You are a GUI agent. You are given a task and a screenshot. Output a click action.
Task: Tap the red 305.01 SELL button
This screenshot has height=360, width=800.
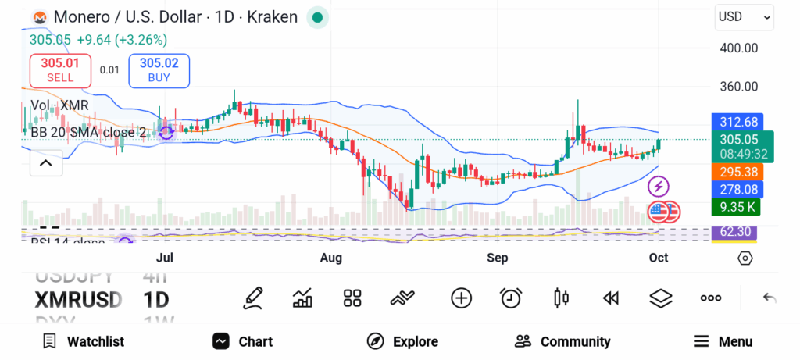tap(60, 70)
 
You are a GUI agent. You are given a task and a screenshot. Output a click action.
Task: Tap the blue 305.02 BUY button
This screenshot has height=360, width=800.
tap(159, 70)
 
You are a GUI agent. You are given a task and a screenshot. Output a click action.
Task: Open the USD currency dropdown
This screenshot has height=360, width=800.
tap(744, 16)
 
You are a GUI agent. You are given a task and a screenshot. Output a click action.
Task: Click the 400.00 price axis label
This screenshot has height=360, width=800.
tap(739, 48)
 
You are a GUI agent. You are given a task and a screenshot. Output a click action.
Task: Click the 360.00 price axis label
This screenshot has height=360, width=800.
tap(739, 88)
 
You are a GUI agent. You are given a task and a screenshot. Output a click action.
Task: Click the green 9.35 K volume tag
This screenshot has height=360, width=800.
tap(737, 207)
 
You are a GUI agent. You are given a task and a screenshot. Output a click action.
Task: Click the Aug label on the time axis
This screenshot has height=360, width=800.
tap(331, 258)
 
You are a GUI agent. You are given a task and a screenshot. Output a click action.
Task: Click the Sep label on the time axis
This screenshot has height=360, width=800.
tap(497, 258)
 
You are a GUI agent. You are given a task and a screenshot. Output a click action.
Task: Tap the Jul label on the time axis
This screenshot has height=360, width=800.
tap(165, 258)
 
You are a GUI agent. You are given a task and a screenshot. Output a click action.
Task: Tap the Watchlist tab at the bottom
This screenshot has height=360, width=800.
tap(84, 341)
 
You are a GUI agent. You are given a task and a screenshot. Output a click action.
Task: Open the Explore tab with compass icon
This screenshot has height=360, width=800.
tap(402, 341)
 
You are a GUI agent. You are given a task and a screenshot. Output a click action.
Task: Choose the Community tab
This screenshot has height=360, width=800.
tap(562, 341)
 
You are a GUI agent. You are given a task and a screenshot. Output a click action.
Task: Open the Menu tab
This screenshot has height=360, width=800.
tap(723, 341)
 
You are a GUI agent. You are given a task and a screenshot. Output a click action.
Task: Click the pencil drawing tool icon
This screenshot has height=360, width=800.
tap(252, 298)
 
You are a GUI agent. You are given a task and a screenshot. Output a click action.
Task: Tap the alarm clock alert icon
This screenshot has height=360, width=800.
tap(512, 298)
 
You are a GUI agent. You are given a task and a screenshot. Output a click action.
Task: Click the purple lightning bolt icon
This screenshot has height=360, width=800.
tap(659, 187)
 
